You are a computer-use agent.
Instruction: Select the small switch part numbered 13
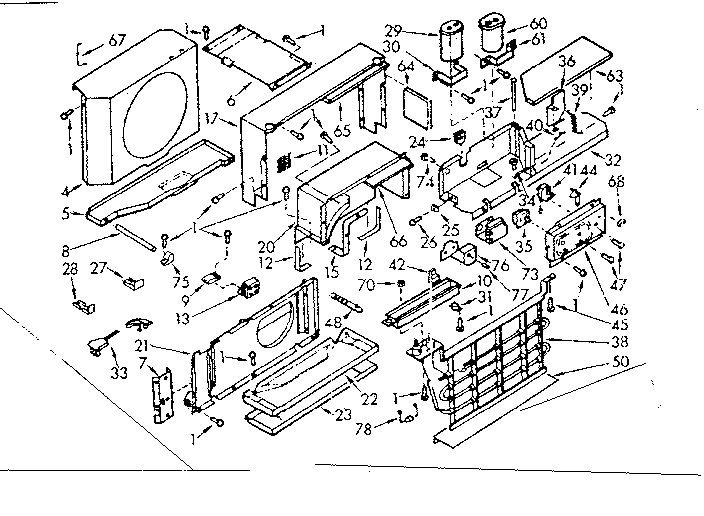246,293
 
